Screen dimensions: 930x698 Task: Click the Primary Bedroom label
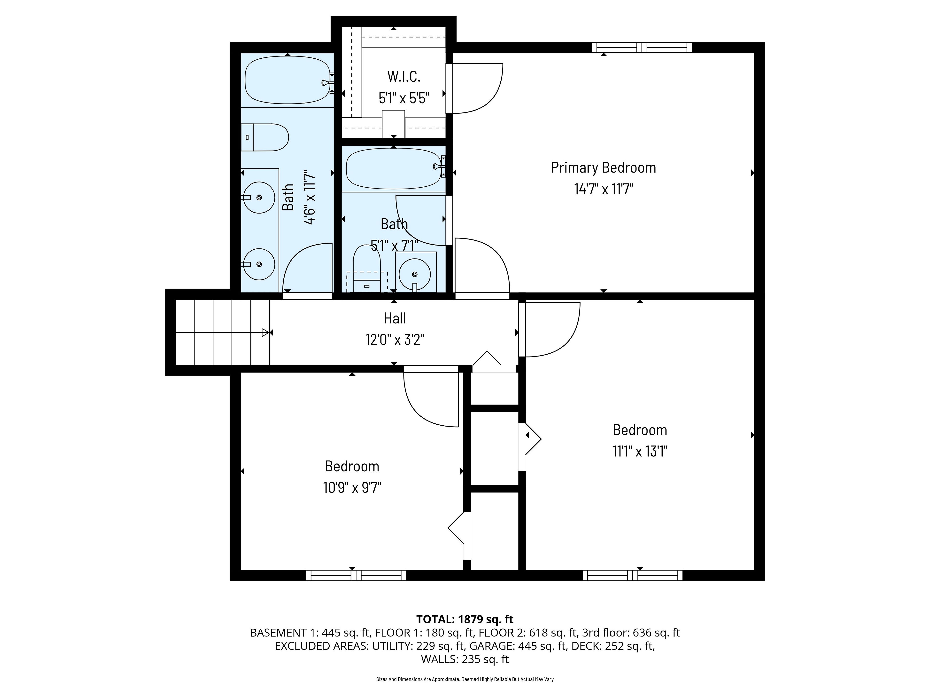(x=603, y=167)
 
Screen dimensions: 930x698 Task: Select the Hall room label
(x=395, y=318)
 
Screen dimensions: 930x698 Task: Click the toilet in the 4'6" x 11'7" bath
(x=265, y=137)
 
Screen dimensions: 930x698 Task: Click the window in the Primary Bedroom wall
(x=642, y=48)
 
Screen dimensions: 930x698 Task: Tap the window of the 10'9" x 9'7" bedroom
(x=356, y=575)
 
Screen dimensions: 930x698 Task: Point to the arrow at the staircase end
(x=265, y=332)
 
